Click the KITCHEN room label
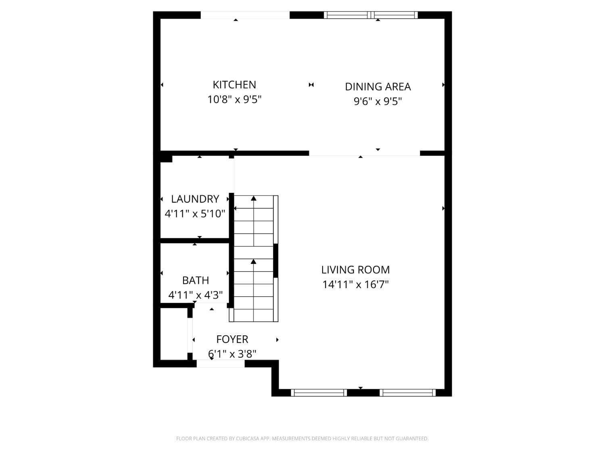pos(234,85)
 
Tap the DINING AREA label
pos(378,87)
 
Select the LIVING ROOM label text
pos(355,270)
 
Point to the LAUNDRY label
pos(195,199)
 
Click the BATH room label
pos(196,280)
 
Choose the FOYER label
pos(232,339)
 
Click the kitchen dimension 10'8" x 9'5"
pos(234,99)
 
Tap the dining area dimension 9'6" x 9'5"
pos(378,101)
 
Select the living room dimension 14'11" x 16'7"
pos(355,285)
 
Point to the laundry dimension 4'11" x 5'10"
pos(195,213)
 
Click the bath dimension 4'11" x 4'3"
pos(196,295)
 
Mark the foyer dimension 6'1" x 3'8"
pos(232,354)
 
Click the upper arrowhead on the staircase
pos(254,198)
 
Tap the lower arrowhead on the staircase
pos(254,262)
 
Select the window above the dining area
pos(371,15)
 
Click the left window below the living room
pos(319,393)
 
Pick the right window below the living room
pos(408,393)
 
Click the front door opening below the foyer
pos(221,364)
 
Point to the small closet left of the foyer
pos(174,334)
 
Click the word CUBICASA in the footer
pos(247,439)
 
